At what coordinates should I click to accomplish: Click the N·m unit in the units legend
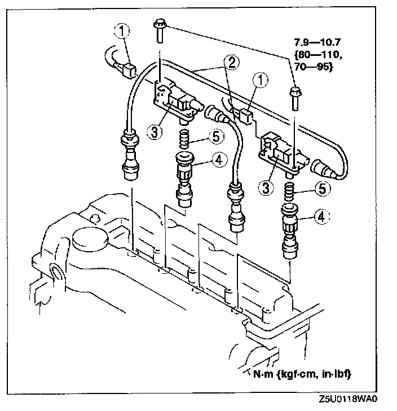[262, 374]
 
